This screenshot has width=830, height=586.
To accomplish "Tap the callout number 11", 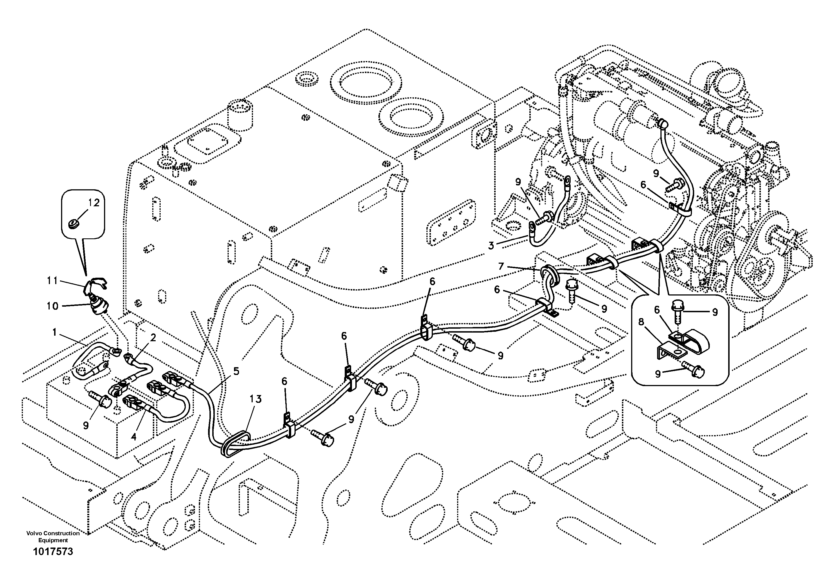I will click(52, 280).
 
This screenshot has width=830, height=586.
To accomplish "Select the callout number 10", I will click(52, 306).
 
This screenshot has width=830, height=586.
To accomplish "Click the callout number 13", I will click(255, 399).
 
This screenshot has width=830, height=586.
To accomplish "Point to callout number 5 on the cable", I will click(236, 371).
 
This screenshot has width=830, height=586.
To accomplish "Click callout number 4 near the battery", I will click(134, 437).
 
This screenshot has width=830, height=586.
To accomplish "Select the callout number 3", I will click(491, 246).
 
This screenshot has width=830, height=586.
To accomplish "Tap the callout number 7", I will click(501, 267).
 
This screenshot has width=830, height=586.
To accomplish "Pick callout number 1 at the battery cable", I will click(55, 332).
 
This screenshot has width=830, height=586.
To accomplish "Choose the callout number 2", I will click(153, 338).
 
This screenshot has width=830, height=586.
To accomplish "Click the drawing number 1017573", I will click(53, 552).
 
